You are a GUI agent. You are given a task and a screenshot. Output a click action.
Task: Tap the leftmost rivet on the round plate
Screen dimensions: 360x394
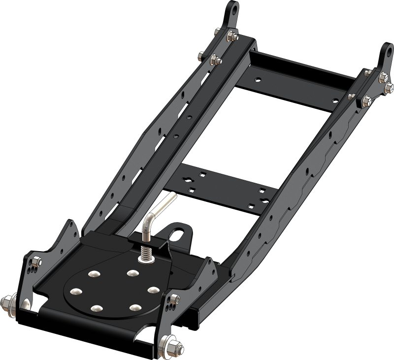pos(76,291)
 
